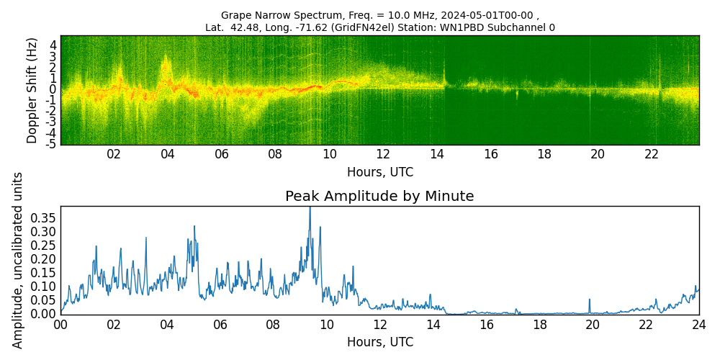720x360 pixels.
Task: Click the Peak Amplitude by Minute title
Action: [379, 197]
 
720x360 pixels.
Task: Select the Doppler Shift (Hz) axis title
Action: [32, 90]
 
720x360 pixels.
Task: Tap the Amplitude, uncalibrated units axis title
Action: [18, 260]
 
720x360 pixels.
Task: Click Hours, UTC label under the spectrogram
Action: [379, 173]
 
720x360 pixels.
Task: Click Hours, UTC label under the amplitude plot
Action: [379, 342]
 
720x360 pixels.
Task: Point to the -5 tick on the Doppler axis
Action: [50, 144]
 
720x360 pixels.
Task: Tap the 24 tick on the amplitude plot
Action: [699, 325]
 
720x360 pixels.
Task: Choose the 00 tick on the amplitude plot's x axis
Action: [60, 325]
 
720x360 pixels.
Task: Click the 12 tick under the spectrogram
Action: [383, 154]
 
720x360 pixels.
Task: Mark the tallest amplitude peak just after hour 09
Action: [310, 209]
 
